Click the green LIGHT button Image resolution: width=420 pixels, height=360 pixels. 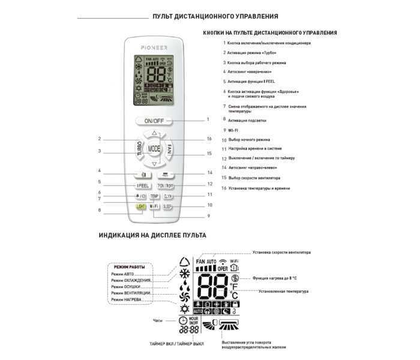point(142,206)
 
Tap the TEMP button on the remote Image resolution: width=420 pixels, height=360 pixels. point(154,196)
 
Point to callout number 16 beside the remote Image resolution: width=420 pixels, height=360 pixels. point(209,139)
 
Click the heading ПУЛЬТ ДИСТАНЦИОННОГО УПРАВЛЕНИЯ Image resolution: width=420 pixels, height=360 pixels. point(215,16)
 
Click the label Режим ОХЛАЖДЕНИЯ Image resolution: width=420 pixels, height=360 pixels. point(131,281)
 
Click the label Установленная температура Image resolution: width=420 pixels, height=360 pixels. point(283,292)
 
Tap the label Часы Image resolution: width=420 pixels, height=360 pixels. point(158,320)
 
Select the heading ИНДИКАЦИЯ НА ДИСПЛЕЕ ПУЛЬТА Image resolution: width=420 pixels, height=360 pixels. point(152,236)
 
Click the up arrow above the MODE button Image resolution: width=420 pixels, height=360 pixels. point(154,133)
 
